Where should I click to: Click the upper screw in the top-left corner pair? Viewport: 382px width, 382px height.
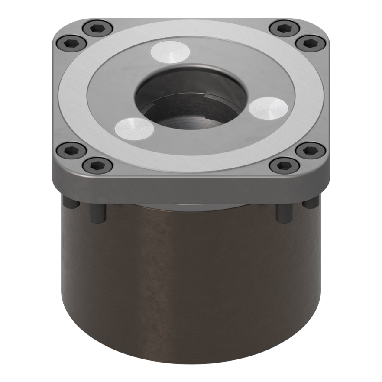pyautogui.click(x=97, y=29)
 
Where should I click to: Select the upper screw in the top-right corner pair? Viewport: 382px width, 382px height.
pyautogui.click(x=284, y=29)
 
